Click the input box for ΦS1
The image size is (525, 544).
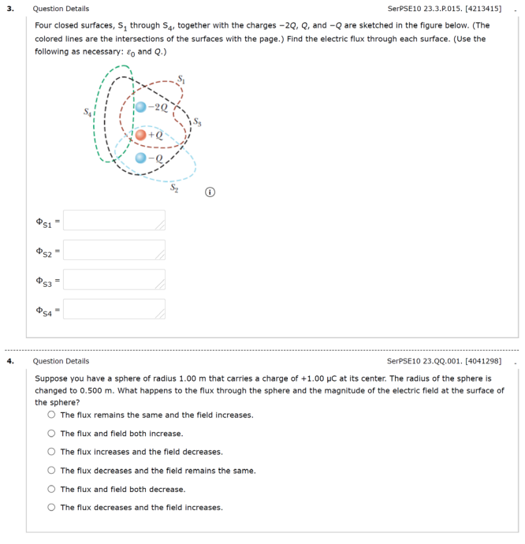[114, 220]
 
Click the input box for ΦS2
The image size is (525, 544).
[114, 250]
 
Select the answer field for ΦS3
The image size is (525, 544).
[114, 279]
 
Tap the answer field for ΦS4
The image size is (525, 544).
[114, 309]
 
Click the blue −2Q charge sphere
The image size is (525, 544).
[141, 106]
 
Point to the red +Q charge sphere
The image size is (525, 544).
[140, 135]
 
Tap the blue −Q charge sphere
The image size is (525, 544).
[140, 158]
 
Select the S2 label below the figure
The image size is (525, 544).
[176, 188]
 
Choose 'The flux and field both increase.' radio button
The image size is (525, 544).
[51, 434]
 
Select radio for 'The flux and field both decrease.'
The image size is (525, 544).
[51, 489]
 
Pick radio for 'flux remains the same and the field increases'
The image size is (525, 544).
[51, 415]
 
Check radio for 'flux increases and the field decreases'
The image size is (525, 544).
[51, 452]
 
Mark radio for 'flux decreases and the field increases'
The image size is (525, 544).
[51, 508]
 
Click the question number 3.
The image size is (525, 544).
[10, 9]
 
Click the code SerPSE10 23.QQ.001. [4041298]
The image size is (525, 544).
[445, 361]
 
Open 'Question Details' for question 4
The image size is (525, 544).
[61, 361]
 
